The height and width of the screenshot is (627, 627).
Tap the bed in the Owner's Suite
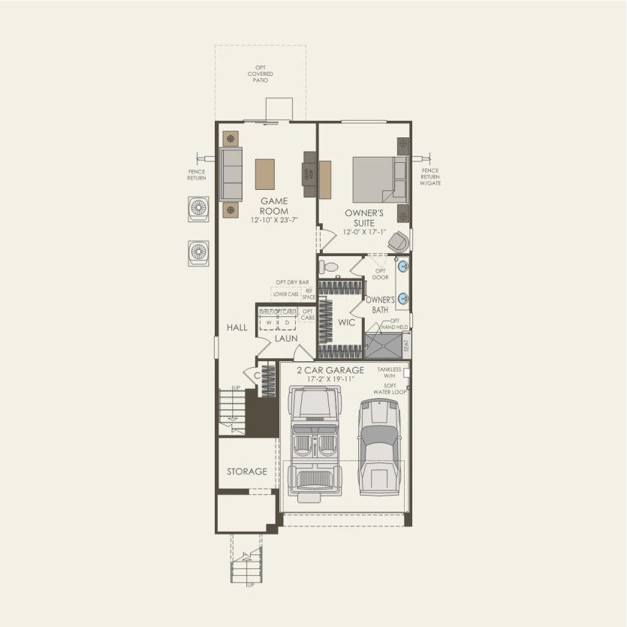(380, 179)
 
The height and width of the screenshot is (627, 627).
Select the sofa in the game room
(231, 173)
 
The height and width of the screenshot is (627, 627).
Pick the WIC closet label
(347, 322)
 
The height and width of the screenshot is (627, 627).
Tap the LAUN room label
(285, 339)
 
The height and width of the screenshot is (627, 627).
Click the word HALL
(237, 328)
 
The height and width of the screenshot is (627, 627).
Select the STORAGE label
(247, 472)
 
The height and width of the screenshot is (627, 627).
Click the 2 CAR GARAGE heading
(330, 370)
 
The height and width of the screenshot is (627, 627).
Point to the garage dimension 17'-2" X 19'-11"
(330, 379)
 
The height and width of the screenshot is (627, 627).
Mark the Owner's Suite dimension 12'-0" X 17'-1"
(364, 232)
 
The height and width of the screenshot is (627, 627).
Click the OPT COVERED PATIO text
(261, 74)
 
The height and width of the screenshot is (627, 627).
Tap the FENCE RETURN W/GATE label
(430, 176)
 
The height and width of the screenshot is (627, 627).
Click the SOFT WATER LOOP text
(390, 389)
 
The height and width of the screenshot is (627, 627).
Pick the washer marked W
(268, 323)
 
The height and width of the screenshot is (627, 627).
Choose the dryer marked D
(286, 323)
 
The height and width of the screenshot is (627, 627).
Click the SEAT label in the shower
(406, 346)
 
